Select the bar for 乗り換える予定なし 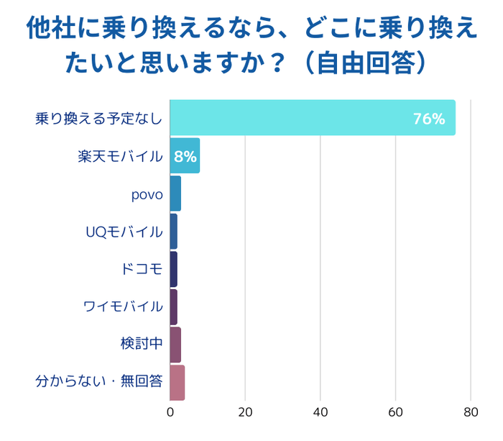coord(313,118)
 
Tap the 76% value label coord(429,119)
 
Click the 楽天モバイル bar coord(185,156)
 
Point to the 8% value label coord(185,156)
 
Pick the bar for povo coord(175,194)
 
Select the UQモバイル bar coord(174,232)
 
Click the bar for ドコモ coord(174,269)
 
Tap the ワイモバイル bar coord(174,307)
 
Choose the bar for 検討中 coord(175,345)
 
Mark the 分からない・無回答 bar coord(177,383)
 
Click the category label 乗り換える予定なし coord(99,119)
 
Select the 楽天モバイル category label coord(120,156)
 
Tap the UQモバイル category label coord(124,232)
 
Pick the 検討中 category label coord(142,345)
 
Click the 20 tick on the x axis coord(245,413)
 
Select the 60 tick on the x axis coord(395,413)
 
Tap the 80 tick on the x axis coord(471,413)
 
